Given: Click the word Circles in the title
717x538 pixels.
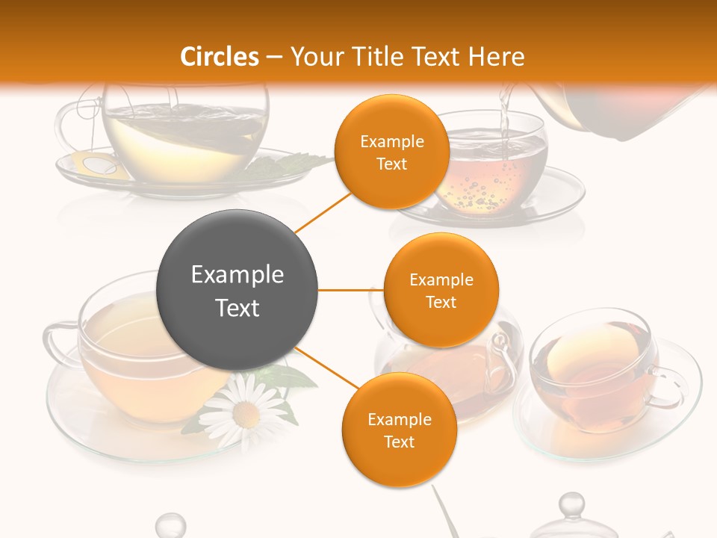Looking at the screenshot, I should coord(220,57).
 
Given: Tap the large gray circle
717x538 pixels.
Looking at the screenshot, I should coord(237,290).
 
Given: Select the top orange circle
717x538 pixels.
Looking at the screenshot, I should coord(391,152).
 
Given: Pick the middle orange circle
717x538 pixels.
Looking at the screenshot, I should coord(441,290).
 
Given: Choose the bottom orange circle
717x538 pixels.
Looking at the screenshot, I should coord(399,430).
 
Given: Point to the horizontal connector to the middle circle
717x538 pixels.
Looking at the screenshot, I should coord(351,290).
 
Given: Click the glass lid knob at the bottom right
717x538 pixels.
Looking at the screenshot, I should coord(571,505).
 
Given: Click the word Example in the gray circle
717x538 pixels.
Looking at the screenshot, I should coord(237,275).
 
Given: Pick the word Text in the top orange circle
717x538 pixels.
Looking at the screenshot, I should coord(391,164).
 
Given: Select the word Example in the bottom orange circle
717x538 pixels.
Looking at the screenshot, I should coord(399,420).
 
